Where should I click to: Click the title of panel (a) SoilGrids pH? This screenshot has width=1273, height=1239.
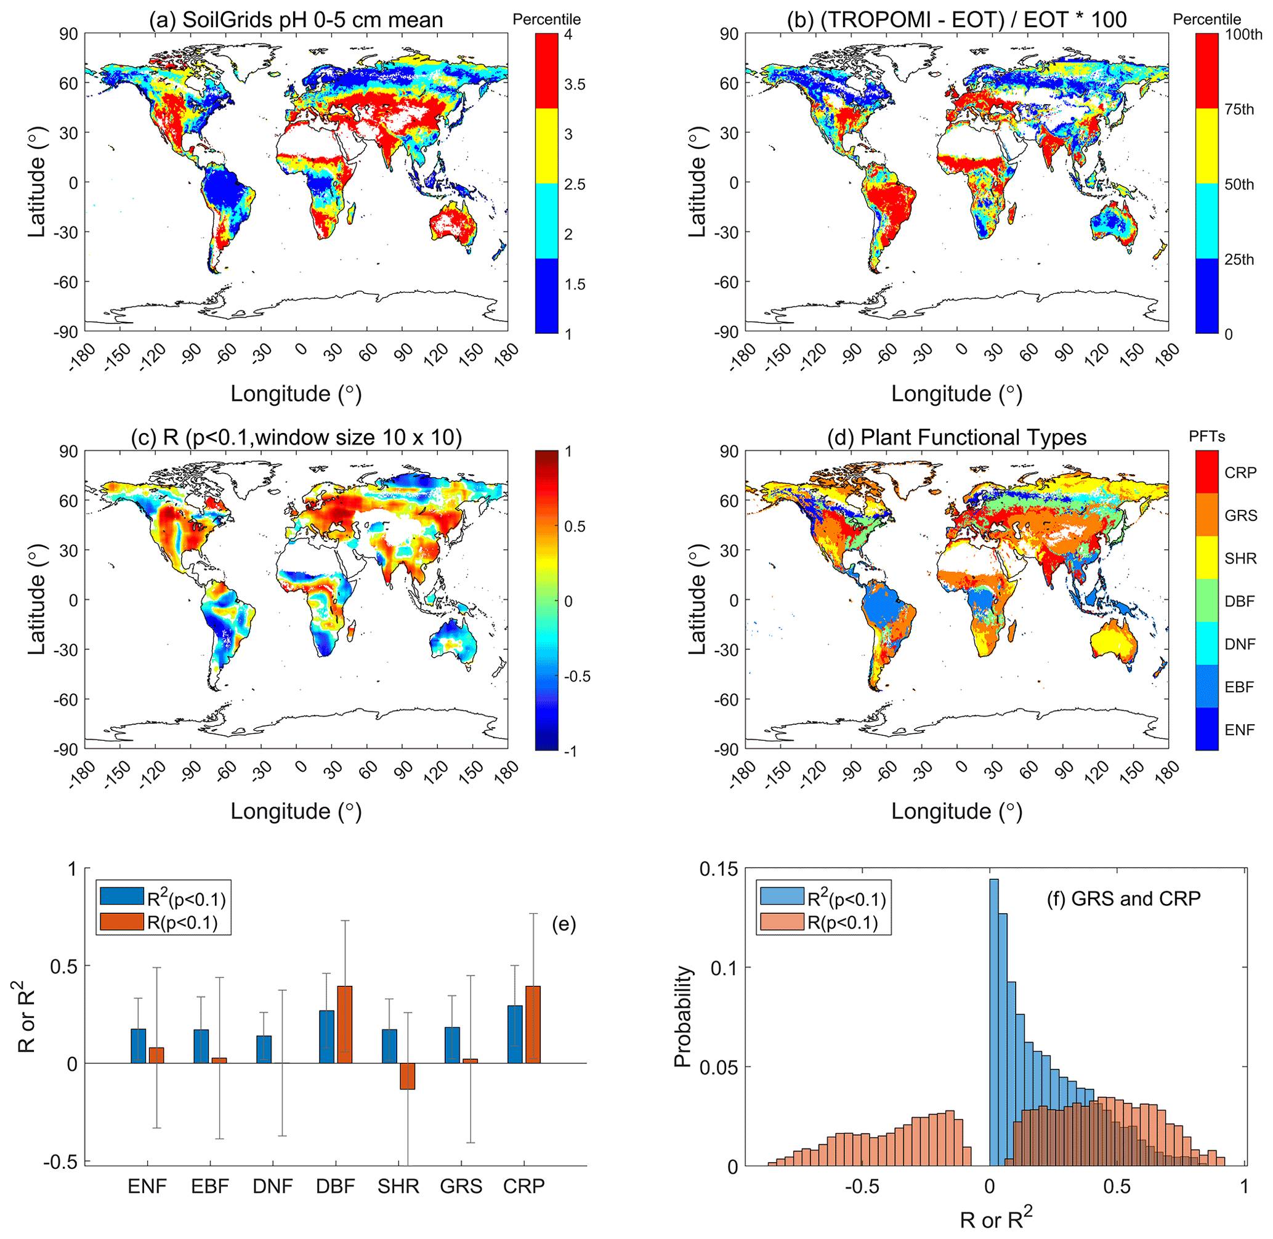click(296, 20)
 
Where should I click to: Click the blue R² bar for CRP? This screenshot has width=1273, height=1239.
click(515, 1028)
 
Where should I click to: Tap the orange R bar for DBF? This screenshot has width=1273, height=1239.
click(344, 1023)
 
